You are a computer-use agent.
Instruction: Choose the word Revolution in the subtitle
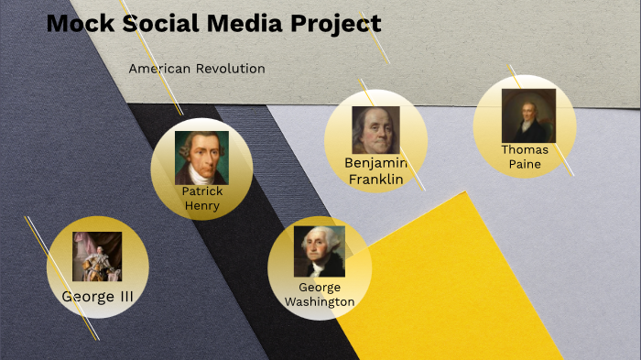point(233,69)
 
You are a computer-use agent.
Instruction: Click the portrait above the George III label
point(97,256)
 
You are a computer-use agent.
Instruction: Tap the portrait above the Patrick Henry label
point(201,158)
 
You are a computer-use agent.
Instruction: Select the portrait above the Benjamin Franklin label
point(376,130)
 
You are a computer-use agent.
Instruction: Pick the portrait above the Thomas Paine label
point(527,115)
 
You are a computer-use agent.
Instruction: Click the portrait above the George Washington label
point(320,251)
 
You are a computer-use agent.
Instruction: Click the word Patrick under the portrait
point(202,191)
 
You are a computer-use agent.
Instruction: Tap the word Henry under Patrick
point(202,206)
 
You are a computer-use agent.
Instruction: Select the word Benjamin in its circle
point(375,163)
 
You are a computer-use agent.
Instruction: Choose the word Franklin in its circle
point(376,180)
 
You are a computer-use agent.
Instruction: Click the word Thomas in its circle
point(525,149)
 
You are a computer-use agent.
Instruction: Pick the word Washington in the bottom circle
point(320,301)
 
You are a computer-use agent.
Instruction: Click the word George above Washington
point(320,288)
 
